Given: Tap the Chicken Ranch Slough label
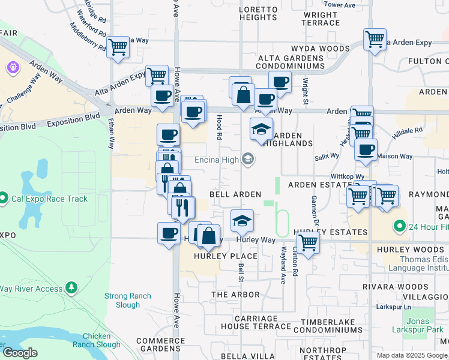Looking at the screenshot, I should point(100,340).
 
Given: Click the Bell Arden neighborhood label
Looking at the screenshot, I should point(235,194).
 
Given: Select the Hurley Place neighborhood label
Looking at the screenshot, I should point(226,256).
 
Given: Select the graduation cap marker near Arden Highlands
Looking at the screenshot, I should point(261,130).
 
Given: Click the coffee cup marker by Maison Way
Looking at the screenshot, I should point(366,150).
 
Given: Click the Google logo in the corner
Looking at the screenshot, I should point(19,353).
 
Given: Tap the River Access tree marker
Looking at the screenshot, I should point(71,289).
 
